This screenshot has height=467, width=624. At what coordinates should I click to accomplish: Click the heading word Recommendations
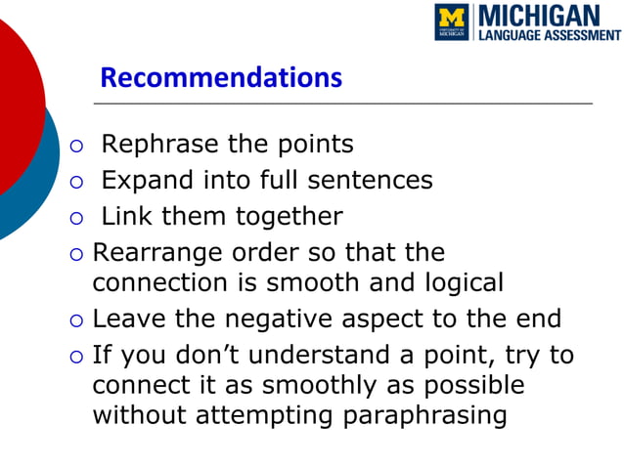coord(221,77)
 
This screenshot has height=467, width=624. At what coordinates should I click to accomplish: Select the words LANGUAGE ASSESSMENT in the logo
coord(549,35)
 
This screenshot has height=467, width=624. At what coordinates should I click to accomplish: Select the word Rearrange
coord(157,252)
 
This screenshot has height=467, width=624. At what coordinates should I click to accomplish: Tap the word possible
coord(469,385)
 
